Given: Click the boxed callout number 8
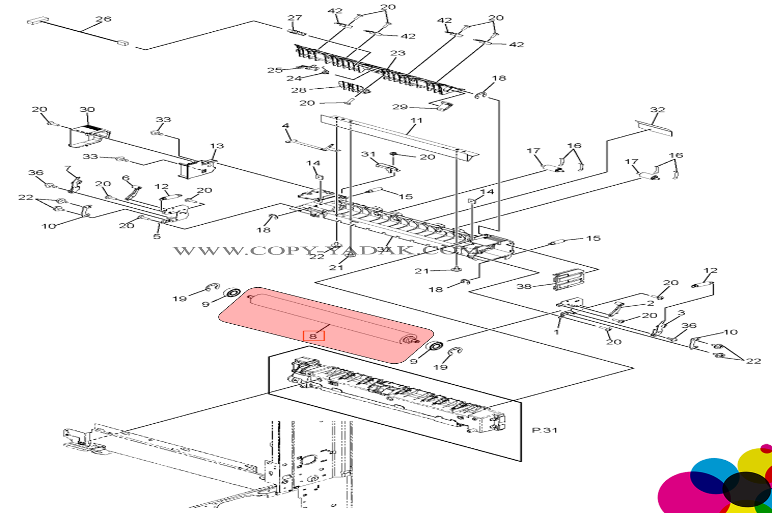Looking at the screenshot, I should click(313, 336).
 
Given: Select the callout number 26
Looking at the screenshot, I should click(103, 19).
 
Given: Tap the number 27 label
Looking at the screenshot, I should click(295, 18).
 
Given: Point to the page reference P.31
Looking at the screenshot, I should click(545, 430).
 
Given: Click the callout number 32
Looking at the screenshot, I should click(658, 110).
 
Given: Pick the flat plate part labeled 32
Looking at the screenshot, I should click(653, 128).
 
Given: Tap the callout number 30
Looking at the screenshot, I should click(87, 109).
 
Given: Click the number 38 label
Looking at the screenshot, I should click(524, 286).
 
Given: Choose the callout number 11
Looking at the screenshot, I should click(416, 121).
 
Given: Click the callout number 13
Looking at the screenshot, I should click(217, 146).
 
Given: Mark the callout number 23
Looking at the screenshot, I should click(398, 53).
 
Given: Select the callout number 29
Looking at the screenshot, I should click(400, 107).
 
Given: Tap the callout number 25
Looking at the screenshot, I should click(275, 70).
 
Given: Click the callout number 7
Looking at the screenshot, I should click(67, 168).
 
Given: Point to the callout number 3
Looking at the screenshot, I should click(681, 313).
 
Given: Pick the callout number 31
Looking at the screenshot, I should click(369, 154).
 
